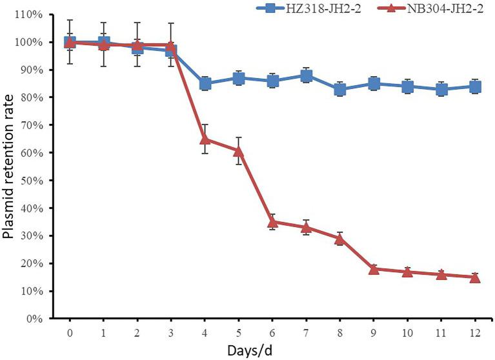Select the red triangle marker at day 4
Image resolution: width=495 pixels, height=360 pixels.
[x=205, y=139]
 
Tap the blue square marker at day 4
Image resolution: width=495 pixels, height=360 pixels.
[x=205, y=83]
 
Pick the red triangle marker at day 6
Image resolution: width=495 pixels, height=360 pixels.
[x=273, y=221]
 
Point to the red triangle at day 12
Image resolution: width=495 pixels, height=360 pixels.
[x=475, y=277]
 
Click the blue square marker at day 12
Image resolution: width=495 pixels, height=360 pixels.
[x=475, y=86]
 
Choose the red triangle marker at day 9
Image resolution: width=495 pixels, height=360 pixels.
[x=374, y=268]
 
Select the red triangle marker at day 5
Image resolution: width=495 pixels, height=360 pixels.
[x=239, y=150]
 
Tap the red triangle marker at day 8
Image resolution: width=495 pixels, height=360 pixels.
[x=340, y=238]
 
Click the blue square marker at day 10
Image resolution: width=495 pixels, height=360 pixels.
[x=408, y=86]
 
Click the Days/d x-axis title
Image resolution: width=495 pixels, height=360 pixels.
[x=272, y=351]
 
